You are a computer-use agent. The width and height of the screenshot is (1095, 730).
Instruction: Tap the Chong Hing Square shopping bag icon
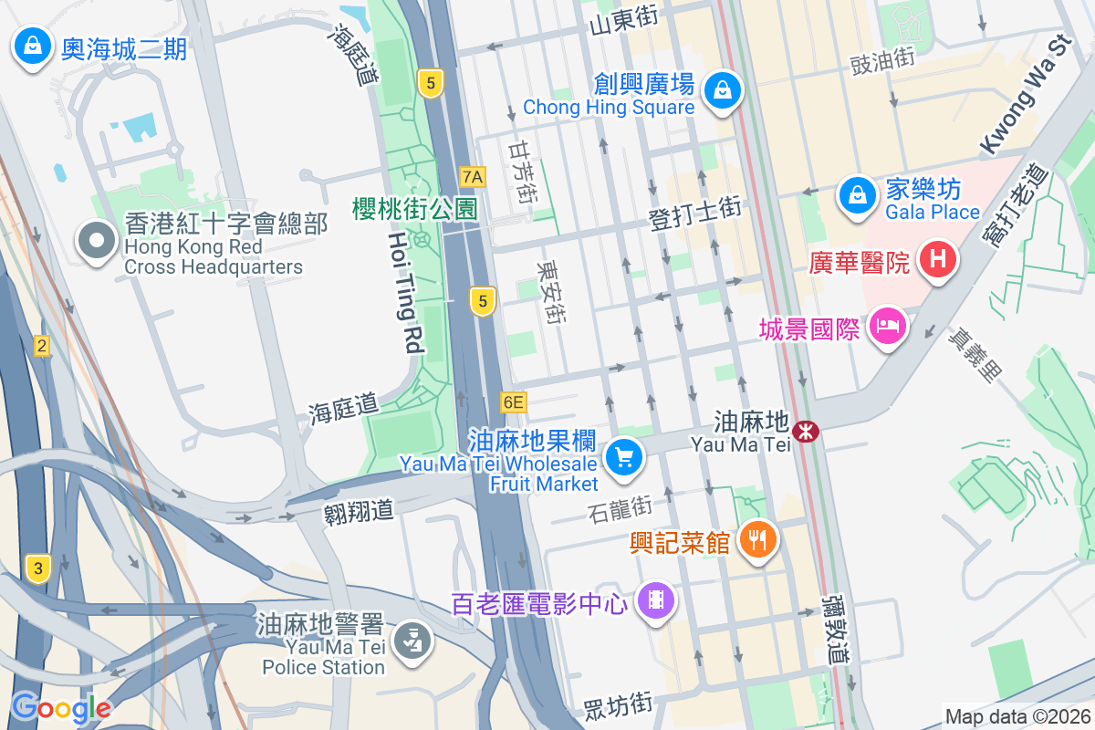point(722,90)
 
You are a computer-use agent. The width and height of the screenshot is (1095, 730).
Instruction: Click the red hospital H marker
point(937,260)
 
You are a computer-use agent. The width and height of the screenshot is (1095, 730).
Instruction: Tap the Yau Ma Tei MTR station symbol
point(806,432)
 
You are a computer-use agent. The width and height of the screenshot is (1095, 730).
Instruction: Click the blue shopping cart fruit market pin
point(624,455)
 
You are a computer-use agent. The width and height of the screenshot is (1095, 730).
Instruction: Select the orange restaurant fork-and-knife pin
point(756,539)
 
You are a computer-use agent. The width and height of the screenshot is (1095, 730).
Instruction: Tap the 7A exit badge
point(473,176)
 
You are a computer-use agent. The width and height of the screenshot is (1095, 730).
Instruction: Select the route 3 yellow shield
point(37,568)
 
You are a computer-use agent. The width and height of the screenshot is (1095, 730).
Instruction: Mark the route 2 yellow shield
point(41,346)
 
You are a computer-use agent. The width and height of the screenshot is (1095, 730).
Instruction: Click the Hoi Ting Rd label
point(402,292)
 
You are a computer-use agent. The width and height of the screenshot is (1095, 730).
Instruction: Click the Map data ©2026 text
point(1017,716)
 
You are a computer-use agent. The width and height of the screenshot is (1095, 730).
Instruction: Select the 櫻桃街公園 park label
point(415,208)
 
